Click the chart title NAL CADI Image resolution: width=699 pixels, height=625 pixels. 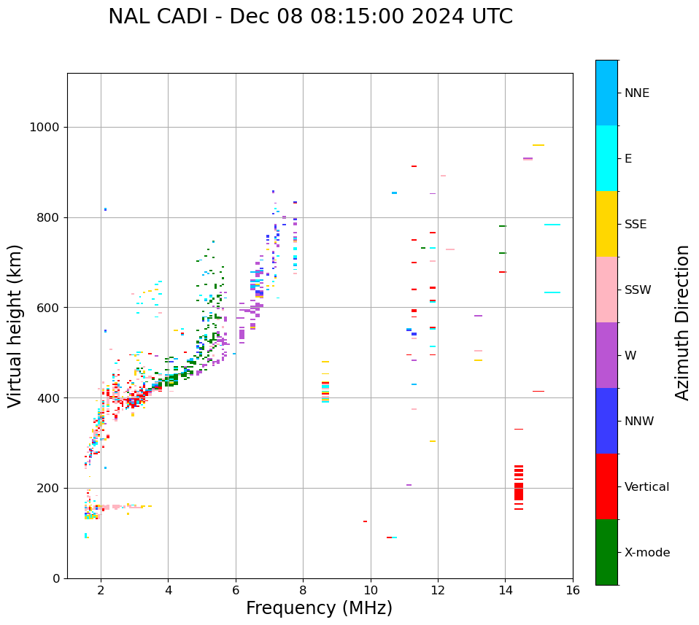click(310, 17)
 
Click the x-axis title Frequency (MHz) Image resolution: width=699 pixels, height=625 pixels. click(319, 608)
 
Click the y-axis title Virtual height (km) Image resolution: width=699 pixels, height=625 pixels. click(15, 326)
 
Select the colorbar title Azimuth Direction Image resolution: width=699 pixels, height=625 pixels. click(682, 322)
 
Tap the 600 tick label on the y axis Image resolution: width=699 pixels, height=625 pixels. click(49, 308)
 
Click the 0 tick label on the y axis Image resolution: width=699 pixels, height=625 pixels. click(57, 578)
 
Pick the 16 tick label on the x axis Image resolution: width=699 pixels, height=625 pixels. click(573, 590)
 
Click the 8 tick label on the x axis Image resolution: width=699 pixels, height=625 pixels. click(303, 590)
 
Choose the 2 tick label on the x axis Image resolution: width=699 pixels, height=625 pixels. click(101, 590)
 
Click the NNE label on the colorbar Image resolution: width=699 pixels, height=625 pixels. click(636, 93)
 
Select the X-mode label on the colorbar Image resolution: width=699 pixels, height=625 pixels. click(646, 553)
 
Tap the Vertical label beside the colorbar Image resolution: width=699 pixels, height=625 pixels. click(646, 487)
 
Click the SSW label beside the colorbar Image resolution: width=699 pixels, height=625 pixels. click(638, 290)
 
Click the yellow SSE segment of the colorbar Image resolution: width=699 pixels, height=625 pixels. click(606, 224)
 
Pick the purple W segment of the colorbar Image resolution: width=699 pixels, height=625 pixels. click(606, 355)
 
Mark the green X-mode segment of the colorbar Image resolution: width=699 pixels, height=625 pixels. click(606, 552)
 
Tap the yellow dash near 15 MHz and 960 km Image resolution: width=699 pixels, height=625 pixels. click(538, 145)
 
